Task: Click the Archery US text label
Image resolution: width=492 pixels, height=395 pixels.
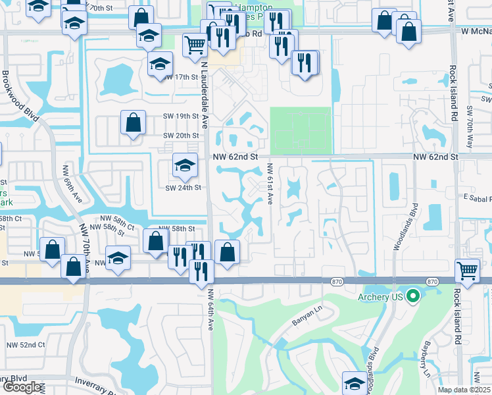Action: point(380,296)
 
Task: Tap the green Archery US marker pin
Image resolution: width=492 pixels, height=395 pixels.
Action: point(413,296)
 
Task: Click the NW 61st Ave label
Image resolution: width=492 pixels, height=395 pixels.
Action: point(270,184)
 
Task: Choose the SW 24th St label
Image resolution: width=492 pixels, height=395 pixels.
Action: point(182,187)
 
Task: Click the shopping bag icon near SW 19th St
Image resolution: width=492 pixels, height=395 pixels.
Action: point(133,122)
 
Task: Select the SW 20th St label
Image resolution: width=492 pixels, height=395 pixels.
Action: point(181,136)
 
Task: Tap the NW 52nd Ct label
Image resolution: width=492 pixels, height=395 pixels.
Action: point(26,344)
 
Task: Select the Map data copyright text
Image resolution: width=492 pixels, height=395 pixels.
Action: point(464,390)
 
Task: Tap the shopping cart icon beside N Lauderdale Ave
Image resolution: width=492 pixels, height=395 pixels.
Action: point(195,45)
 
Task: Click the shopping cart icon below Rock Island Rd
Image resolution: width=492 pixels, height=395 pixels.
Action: point(467,270)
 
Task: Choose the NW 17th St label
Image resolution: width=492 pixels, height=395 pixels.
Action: point(181,77)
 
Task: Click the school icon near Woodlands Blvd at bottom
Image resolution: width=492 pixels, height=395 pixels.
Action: point(355,382)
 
